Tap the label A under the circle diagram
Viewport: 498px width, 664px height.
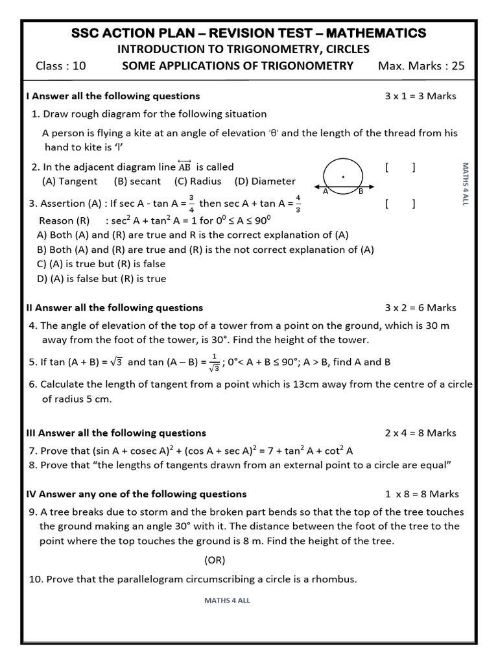326,191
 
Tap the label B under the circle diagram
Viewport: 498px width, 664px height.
361,191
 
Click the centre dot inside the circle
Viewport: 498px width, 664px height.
343,176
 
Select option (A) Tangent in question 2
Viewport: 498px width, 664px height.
69,182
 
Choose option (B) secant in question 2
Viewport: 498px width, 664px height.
137,182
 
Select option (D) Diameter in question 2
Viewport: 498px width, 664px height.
265,182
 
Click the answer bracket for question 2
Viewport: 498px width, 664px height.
400,167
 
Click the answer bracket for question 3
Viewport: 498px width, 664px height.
400,204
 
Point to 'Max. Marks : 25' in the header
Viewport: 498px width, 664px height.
421,65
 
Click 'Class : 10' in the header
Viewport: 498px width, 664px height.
60,65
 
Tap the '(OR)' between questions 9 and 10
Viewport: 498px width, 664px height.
215,560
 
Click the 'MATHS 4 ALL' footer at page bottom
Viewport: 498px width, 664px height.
227,600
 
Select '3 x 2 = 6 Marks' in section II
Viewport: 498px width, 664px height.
420,308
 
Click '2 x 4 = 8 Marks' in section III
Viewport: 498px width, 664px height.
420,433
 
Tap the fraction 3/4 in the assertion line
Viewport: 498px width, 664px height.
191,203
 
